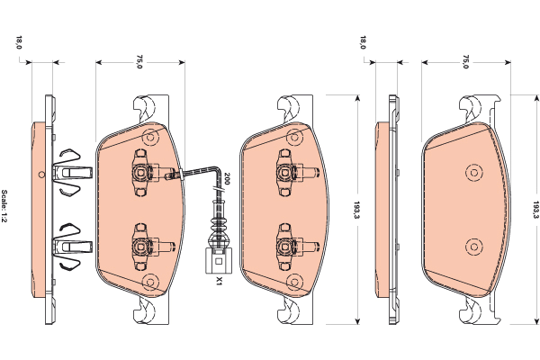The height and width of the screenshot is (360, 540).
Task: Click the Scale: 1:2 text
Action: (4, 206)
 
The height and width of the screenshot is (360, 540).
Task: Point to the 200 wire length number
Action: (226, 178)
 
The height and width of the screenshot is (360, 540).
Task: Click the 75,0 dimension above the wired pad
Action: (139, 61)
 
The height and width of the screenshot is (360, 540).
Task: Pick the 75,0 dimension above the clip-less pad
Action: (465, 61)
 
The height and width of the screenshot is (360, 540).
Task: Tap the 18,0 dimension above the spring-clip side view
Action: (19, 42)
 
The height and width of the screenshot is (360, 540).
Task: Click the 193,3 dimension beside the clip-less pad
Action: (535, 210)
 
